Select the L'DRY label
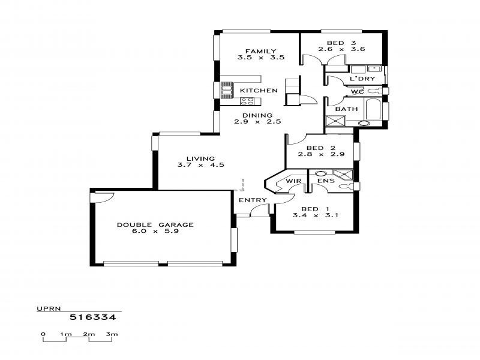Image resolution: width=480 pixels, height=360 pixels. point(362,79)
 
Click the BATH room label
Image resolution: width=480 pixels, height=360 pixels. point(346,109)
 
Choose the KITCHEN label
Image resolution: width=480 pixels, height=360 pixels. point(259,91)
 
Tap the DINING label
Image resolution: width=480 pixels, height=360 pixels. point(257,115)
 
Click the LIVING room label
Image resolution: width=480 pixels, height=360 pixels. point(200,158)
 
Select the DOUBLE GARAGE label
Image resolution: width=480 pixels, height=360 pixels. point(155,224)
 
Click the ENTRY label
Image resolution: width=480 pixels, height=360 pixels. point(252,200)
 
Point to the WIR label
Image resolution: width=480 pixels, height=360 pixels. point(293,181)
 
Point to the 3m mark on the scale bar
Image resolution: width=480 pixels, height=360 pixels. point(111,334)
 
